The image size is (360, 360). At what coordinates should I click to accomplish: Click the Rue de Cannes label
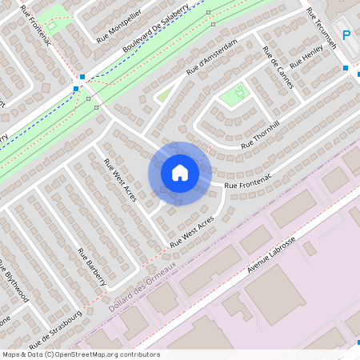pyautogui.click(x=278, y=66)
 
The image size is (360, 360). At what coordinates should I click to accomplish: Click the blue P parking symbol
pyautogui.click(x=346, y=35)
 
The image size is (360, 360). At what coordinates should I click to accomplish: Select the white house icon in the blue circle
pyautogui.click(x=179, y=172)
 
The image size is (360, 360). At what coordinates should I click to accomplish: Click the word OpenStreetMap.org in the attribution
pyautogui.click(x=107, y=354)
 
